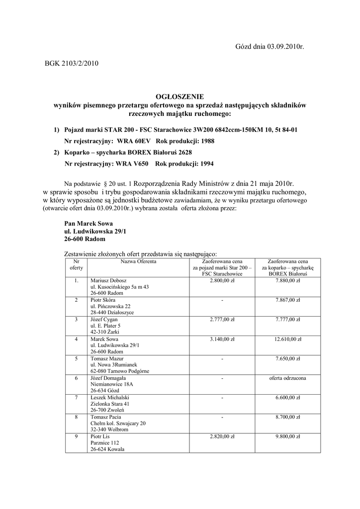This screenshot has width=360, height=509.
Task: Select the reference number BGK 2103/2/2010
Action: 72,63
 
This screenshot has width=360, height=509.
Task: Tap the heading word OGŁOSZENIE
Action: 180,96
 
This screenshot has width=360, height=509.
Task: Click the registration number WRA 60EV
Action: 134,141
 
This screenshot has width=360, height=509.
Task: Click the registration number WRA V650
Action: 133,163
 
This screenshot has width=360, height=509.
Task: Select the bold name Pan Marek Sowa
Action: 89,224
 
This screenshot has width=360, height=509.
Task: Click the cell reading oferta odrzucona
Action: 288,378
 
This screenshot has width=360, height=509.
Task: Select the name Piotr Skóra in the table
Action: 103,300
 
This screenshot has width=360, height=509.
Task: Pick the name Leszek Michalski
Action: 110,397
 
